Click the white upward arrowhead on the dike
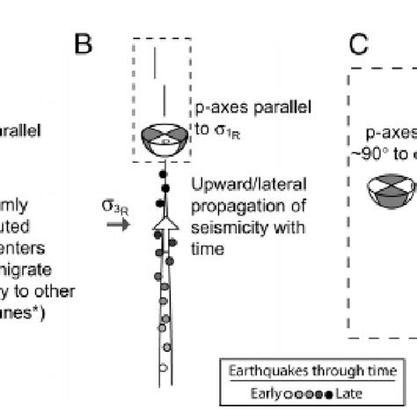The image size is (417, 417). pos(164,230)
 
